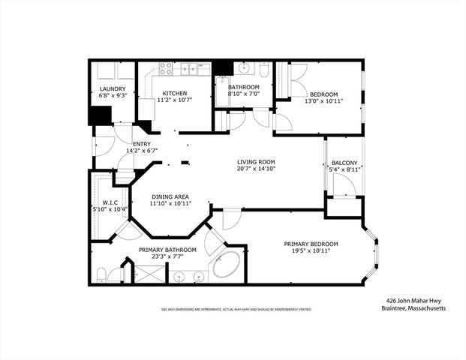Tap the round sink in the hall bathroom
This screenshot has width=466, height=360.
pos(245,68)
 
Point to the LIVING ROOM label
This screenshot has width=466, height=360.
pos(257,162)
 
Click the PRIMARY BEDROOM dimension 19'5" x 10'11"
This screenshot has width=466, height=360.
pos(310,251)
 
